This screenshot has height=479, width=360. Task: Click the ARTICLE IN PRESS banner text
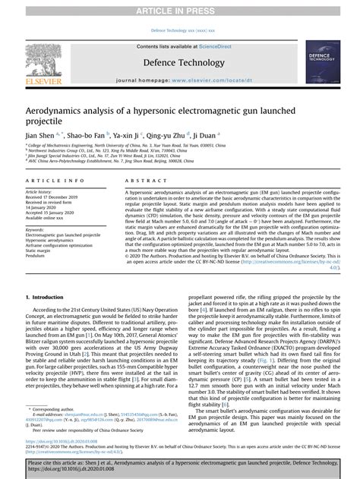[x=180, y=6]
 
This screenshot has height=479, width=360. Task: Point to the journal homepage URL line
[x=179, y=79]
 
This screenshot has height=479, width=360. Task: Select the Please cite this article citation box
[x=180, y=464]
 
